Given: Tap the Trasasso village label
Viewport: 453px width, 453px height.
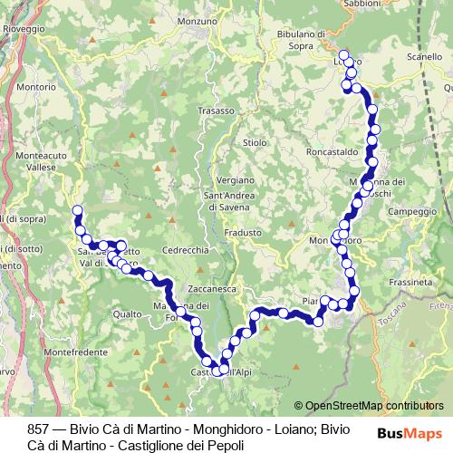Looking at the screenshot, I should pos(216,111).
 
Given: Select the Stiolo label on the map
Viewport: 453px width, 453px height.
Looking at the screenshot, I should pos(255,142).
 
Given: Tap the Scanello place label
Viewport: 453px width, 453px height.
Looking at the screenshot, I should pos(425,56).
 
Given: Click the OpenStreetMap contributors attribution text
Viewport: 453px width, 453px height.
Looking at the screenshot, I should pos(373,406).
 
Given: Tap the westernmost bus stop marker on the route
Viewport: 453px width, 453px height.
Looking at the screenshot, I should pos(77,211).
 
